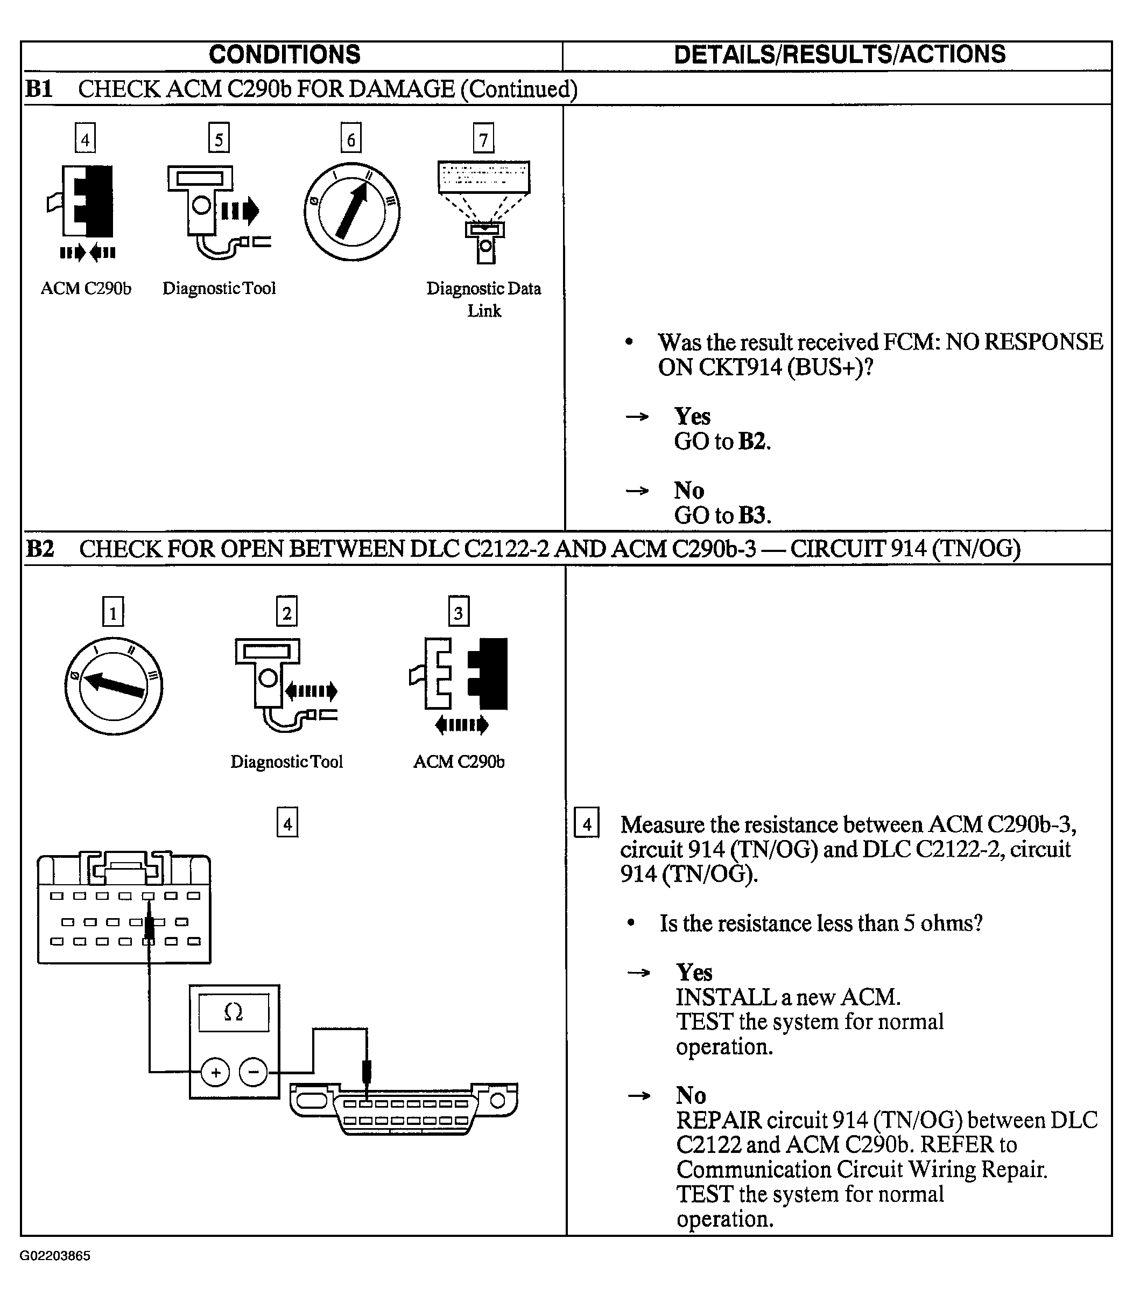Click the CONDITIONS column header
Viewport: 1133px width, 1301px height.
pos(285,55)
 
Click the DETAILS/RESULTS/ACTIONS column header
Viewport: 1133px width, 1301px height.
pos(839,55)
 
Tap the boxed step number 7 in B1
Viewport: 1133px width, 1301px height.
pos(484,138)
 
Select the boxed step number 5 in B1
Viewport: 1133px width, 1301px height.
pos(219,138)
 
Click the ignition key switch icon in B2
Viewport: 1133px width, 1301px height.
pos(114,686)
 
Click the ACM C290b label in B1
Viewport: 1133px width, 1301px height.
pos(86,289)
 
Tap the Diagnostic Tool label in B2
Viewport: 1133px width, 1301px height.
pos(286,761)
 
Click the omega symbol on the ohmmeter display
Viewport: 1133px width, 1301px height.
pos(233,1012)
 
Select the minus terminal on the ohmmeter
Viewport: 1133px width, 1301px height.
pos(254,1073)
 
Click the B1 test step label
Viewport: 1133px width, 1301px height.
pos(39,88)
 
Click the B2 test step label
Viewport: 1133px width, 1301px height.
pos(39,548)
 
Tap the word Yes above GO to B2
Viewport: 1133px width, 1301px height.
pos(692,416)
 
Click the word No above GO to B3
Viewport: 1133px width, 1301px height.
pos(689,490)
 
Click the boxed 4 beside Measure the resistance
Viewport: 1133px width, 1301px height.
pos(587,824)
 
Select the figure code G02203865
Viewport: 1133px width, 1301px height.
pos(55,1255)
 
